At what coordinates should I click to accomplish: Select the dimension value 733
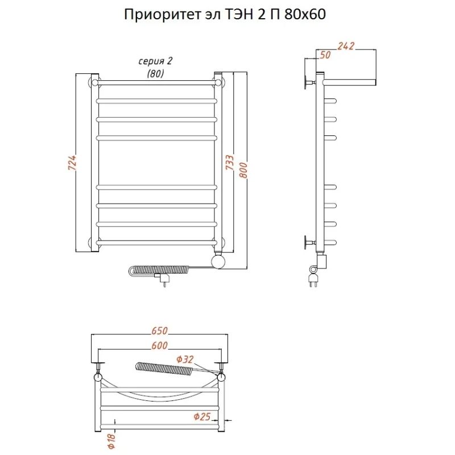tap(229, 163)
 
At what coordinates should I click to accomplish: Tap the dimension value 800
tap(243, 170)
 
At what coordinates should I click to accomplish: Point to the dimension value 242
tap(346, 46)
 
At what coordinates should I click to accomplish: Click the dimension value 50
tap(325, 55)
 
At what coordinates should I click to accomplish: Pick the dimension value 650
tap(159, 330)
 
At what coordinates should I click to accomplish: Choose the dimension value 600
tap(159, 345)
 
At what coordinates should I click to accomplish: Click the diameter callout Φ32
tap(185, 359)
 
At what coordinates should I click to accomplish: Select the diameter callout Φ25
tap(202, 417)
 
